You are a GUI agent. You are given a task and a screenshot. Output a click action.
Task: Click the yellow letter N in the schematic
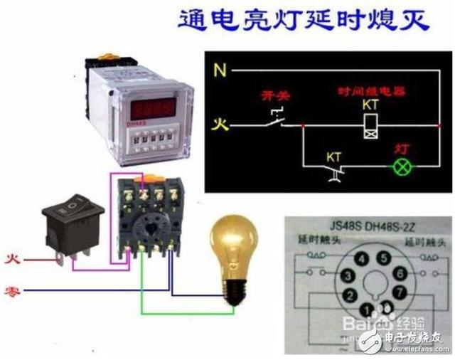pos(220,70)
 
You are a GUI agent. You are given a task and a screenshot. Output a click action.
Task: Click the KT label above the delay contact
pos(334,156)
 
